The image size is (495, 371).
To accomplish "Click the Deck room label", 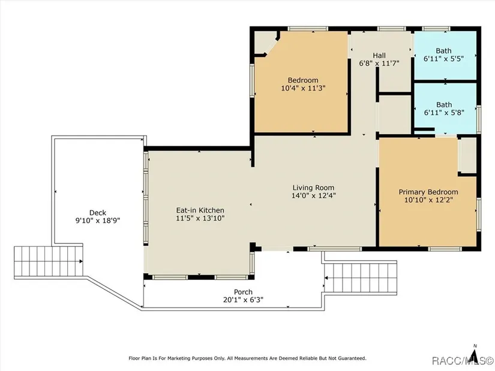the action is tap(98, 213).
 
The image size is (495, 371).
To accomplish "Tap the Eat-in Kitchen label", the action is tap(200, 210).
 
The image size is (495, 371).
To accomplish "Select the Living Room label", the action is tap(313, 188).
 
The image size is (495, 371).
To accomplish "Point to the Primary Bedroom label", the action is tap(428, 192).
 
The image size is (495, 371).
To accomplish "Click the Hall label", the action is tap(379, 56).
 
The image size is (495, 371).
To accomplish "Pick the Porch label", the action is tap(243, 292).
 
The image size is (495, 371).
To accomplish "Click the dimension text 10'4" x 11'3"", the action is tap(303, 88).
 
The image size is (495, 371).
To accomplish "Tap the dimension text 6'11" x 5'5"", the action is tap(443, 58).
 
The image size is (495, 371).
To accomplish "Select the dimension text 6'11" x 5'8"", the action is tap(444, 112).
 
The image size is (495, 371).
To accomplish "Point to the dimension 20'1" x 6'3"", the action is tap(243, 300).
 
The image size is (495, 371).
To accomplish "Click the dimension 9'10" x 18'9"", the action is tap(98, 220).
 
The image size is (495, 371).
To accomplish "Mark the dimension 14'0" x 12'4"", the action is tap(313, 195).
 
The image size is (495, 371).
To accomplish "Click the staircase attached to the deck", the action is tap(49, 261).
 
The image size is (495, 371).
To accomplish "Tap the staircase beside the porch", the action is tap(361, 278).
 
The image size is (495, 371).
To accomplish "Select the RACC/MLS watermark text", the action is tap(462, 360).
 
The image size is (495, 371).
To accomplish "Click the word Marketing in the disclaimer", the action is tap(179, 358).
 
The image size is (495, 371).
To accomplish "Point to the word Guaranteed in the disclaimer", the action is tap(352, 358).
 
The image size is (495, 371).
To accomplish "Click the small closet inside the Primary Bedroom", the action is tap(468, 155).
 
